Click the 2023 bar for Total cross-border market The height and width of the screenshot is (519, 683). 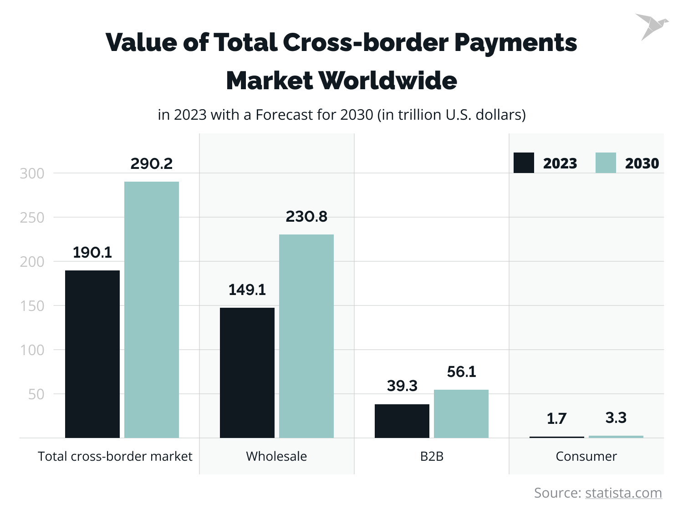(92, 354)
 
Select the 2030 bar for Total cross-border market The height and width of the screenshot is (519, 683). (152, 310)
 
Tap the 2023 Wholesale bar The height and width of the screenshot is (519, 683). (247, 372)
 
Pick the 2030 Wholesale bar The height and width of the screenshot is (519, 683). (306, 336)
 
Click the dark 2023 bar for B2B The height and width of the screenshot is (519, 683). (402, 421)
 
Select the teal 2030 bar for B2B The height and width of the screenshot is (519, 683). (461, 413)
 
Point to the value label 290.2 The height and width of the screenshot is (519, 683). (152, 163)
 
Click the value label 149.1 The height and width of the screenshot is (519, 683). (247, 290)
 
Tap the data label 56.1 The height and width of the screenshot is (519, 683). (461, 371)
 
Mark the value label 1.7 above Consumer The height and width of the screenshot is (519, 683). (556, 418)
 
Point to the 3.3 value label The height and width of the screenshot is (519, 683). (616, 417)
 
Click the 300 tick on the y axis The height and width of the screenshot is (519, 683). (32, 173)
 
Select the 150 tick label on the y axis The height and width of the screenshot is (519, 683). (32, 306)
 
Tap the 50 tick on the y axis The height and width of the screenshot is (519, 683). (36, 394)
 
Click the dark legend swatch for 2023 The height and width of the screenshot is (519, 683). (524, 163)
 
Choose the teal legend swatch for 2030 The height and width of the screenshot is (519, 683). (606, 163)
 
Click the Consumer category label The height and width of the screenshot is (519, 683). (586, 456)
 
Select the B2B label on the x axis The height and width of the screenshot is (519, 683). (432, 456)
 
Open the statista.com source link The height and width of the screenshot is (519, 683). (623, 493)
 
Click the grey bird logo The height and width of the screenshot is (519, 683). (651, 26)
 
